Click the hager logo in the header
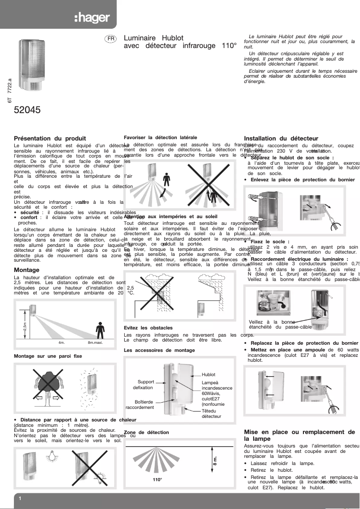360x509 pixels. [x=92, y=18]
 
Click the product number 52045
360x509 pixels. [x=27, y=109]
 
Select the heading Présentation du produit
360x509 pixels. [x=50, y=139]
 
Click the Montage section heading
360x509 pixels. [x=26, y=270]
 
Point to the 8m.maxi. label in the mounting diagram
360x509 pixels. [x=96, y=342]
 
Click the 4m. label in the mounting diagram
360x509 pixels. [x=62, y=342]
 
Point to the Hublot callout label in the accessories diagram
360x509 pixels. [x=209, y=374]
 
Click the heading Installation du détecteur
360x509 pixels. [x=281, y=139]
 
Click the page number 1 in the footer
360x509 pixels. [x=20, y=498]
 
